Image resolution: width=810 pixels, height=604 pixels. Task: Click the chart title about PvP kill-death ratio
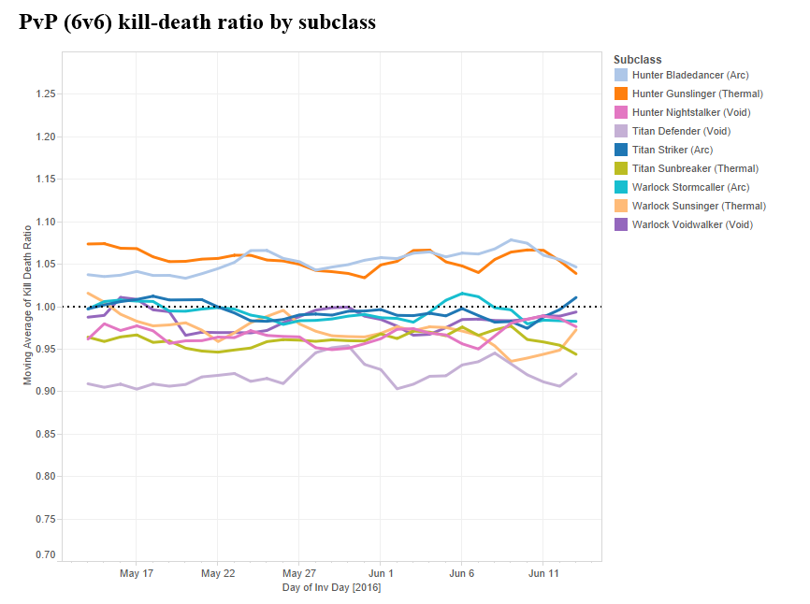197,22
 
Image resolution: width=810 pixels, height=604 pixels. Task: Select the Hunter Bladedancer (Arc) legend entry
690,75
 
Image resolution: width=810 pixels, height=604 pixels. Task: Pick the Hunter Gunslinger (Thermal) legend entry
697,93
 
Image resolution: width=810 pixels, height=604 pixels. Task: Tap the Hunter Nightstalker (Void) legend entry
691,112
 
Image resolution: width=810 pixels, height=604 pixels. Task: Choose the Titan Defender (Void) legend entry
681,131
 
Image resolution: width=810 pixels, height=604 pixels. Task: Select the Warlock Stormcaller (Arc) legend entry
692,187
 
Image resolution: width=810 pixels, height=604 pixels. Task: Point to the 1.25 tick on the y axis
45,94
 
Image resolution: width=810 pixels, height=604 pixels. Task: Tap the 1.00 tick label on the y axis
45,307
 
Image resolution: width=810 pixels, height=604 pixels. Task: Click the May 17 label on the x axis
137,573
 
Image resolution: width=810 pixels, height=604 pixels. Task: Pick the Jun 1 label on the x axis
381,573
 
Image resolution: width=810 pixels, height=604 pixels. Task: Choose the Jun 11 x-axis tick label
544,573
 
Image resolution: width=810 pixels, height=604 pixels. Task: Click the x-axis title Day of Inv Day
331,588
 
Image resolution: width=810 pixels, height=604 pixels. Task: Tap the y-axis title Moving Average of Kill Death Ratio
27,304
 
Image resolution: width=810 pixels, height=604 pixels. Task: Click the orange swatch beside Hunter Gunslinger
621,93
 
